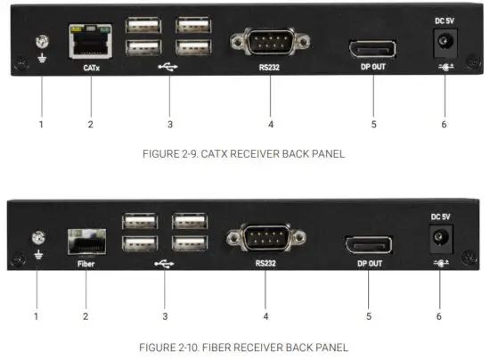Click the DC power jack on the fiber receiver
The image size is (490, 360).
tap(438, 237)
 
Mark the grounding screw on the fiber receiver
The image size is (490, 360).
tap(38, 238)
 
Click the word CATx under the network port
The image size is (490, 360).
tap(91, 68)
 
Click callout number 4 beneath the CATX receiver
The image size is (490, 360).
tap(268, 124)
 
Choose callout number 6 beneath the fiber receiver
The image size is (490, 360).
tap(439, 316)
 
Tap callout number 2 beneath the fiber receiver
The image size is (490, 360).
tap(86, 316)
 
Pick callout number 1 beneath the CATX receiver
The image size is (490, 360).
tap(41, 124)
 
